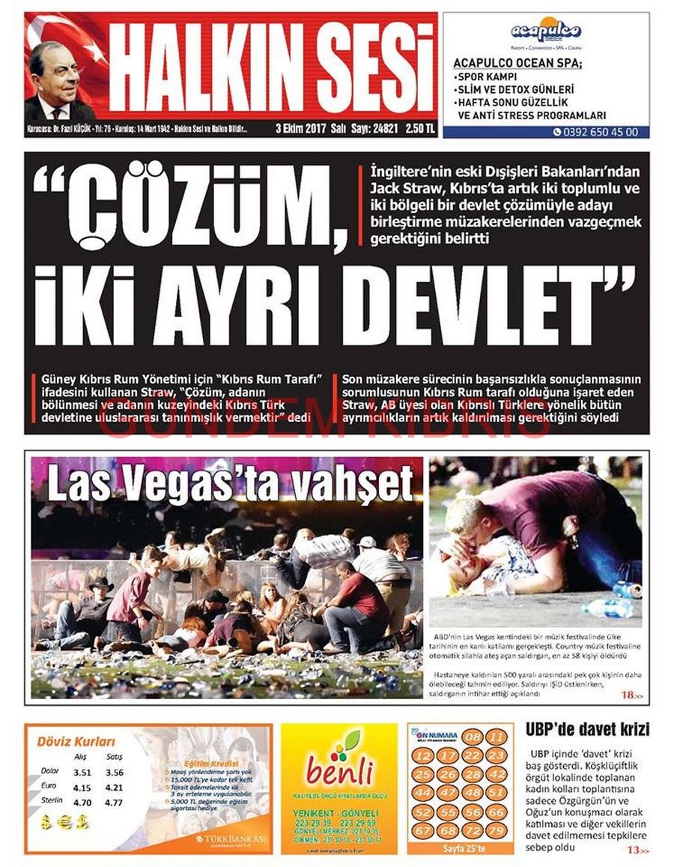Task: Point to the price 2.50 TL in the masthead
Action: pyautogui.click(x=420, y=128)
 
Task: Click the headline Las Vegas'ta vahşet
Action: pyautogui.click(x=230, y=483)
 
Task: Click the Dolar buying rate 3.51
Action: pyautogui.click(x=82, y=773)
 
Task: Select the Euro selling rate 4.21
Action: pyautogui.click(x=115, y=788)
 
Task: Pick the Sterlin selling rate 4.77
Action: pyautogui.click(x=115, y=803)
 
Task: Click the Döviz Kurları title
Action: pyautogui.click(x=76, y=742)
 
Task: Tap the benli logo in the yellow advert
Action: pyautogui.click(x=339, y=769)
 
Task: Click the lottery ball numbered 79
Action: pyautogui.click(x=495, y=831)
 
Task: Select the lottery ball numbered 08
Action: pyautogui.click(x=473, y=737)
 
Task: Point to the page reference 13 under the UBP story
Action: pyautogui.click(x=634, y=850)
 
